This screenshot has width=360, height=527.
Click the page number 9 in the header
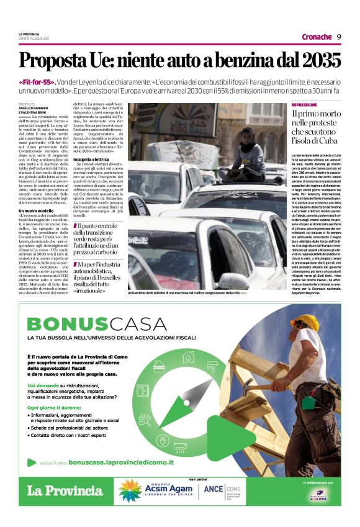pyautogui.click(x=340, y=36)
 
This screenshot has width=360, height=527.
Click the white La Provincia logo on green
pyautogui.click(x=65, y=491)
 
